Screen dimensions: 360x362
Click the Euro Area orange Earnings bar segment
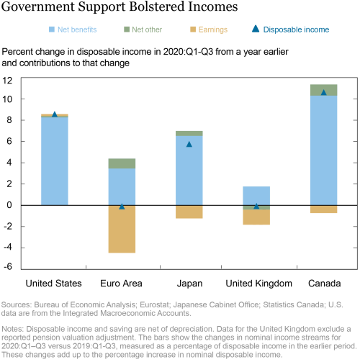pos(122,229)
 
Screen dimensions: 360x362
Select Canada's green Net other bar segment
pos(323,90)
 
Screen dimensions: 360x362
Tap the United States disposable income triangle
pos(55,114)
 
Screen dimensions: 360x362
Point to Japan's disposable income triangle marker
pos(189,144)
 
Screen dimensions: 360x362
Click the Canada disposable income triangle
pos(323,92)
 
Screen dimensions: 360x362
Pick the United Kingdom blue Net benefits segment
pos(256,196)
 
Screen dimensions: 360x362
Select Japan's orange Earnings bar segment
pos(189,212)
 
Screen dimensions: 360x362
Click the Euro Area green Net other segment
pos(122,163)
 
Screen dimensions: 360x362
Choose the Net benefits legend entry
pos(73,30)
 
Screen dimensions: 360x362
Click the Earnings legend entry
pos(209,30)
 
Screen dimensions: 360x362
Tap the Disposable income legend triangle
pos(256,29)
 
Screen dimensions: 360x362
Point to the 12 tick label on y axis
pos(7,81)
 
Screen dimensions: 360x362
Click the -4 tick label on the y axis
pos(7,248)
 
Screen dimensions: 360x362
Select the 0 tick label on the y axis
pos(9,205)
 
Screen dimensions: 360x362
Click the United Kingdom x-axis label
pos(258,284)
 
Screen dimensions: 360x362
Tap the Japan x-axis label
pos(189,284)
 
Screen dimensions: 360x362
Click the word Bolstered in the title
pos(157,6)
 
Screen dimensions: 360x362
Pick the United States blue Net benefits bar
pos(55,161)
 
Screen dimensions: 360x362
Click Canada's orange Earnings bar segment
pos(323,209)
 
